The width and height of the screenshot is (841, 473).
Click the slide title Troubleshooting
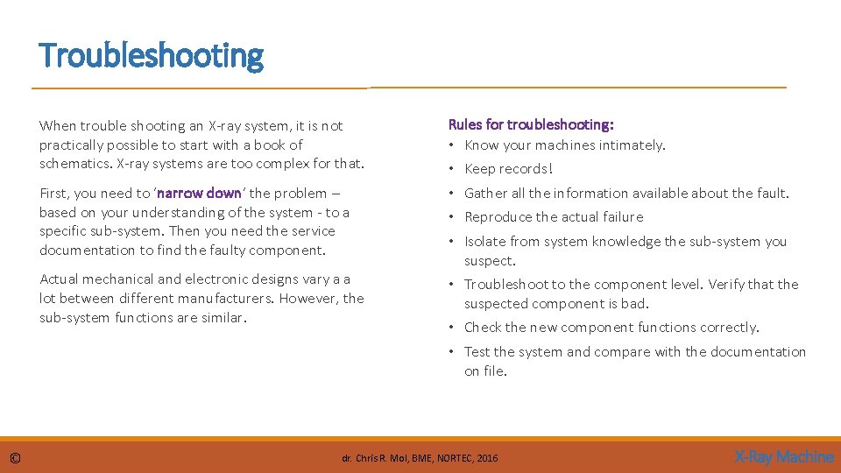click(x=151, y=56)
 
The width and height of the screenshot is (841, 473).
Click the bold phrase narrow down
click(x=198, y=193)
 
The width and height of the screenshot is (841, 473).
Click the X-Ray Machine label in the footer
click(x=783, y=456)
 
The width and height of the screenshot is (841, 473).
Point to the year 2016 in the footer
click(x=487, y=458)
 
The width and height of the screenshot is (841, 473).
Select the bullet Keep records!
click(x=508, y=169)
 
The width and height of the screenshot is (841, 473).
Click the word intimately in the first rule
click(x=633, y=145)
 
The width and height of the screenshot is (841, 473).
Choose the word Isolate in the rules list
click(x=484, y=242)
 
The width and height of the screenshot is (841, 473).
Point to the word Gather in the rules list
click(x=484, y=194)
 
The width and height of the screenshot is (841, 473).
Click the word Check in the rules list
click(x=483, y=328)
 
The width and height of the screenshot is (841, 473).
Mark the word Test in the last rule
click(x=477, y=352)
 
